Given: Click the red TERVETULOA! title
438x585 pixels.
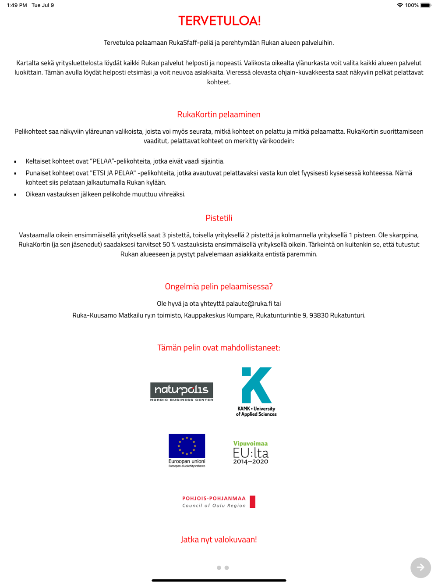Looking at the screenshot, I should pos(219,21).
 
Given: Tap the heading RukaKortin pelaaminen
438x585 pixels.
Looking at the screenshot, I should pos(219,114).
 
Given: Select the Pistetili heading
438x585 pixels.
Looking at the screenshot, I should pos(219,218).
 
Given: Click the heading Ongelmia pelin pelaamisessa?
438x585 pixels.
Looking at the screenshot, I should pos(219,286).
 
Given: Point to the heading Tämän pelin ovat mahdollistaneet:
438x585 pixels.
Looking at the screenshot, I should pos(219,348).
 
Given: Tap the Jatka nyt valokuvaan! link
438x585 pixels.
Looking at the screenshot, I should pos(219,539).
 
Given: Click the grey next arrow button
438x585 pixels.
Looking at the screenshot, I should pos(420,567).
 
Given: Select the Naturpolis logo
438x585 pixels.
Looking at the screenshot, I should pos(182,392).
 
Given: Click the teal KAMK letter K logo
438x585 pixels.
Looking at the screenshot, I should pos(257,385).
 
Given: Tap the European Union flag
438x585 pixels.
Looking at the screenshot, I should pos(187,446).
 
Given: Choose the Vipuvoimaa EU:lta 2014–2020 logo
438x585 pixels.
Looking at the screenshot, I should pos(251,452).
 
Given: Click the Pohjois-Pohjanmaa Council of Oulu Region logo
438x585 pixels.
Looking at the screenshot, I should pos(219,502).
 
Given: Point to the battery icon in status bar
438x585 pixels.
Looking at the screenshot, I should pos(425,5).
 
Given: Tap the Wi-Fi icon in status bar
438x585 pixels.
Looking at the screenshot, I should pos(400,5).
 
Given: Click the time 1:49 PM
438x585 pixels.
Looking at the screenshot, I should pos(17,5).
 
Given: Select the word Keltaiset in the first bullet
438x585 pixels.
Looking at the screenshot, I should pos(38,161).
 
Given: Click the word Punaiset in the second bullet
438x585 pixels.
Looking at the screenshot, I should pos(38,173).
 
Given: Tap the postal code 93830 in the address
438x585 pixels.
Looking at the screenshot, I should pos(319,315).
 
